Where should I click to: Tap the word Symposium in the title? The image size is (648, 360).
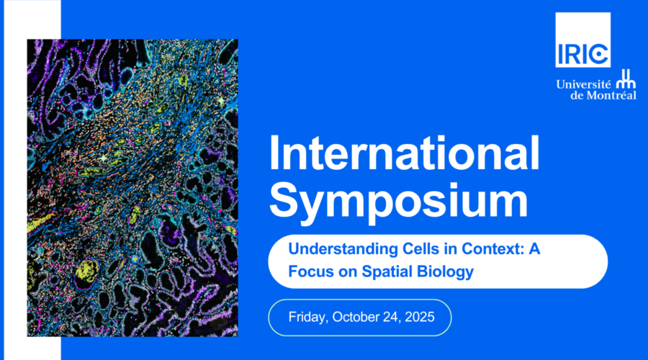coord(399,202)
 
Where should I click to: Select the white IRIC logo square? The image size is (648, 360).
coord(582,40)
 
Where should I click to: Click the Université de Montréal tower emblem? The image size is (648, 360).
coord(626,79)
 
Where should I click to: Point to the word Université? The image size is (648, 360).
coord(583,84)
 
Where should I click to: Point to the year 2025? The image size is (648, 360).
coord(420,317)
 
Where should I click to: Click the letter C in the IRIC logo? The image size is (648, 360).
coord(599,53)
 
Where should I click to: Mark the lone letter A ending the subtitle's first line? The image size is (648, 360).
coord(534,249)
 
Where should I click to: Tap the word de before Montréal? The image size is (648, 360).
coord(577,96)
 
